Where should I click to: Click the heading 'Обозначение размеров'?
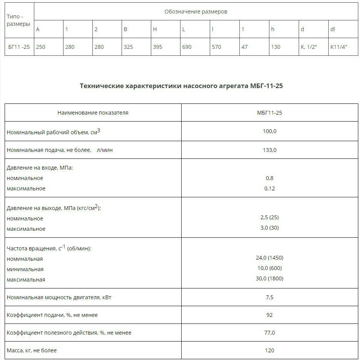[196, 12]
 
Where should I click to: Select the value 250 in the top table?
[40, 47]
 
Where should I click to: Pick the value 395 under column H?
[157, 47]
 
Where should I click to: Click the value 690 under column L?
[187, 47]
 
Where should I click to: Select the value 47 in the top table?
[244, 47]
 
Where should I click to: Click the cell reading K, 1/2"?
[309, 47]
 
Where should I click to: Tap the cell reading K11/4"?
[339, 47]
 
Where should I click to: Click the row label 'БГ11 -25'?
[19, 47]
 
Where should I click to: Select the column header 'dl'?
[333, 29]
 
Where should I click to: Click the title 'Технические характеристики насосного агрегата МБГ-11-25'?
[181, 86]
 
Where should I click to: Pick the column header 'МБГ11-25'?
[269, 113]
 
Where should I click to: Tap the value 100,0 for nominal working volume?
[269, 131]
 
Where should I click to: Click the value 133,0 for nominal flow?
[269, 150]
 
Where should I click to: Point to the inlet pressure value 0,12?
[269, 188]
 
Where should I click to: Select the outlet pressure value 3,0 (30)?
[269, 228]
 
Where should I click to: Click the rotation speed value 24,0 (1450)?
[269, 258]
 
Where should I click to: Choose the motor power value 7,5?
[269, 297]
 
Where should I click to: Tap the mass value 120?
[269, 350]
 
